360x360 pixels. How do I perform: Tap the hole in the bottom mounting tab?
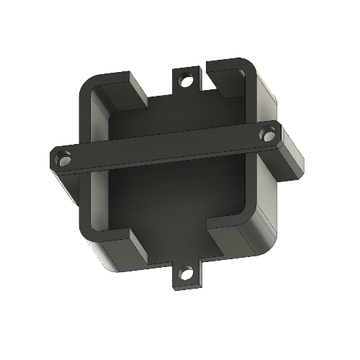click(186, 274)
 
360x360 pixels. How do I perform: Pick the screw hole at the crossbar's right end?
click(269, 134)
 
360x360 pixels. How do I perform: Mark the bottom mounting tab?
click(186, 277)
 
